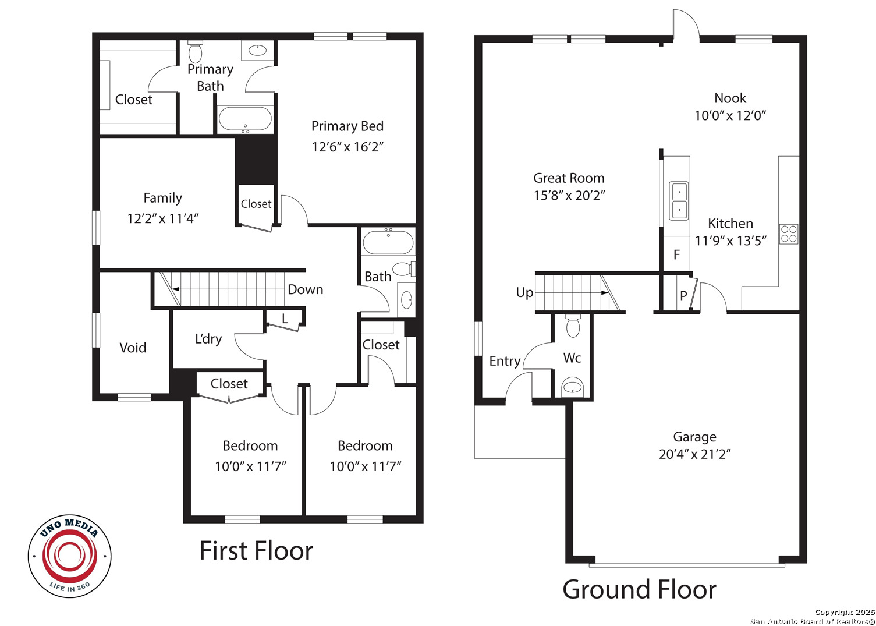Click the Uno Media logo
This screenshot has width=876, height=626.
70,556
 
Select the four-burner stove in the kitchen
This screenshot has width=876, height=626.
788,234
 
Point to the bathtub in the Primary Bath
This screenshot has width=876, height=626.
245,119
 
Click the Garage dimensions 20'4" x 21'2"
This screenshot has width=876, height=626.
694,454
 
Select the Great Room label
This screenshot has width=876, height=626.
569,178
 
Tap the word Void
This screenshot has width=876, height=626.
133,348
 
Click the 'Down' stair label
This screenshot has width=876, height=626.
306,289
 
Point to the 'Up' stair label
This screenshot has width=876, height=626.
524,293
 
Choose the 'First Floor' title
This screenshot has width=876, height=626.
257,551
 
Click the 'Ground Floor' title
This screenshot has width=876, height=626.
640,589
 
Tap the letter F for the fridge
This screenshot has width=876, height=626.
676,255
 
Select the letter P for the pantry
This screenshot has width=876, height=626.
683,296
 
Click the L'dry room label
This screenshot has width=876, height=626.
208,339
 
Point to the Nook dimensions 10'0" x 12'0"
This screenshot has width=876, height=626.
730,116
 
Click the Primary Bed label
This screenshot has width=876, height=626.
347,126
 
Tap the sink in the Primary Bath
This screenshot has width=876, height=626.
257,50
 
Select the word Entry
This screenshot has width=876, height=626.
505,361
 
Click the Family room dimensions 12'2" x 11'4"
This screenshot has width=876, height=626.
163,218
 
